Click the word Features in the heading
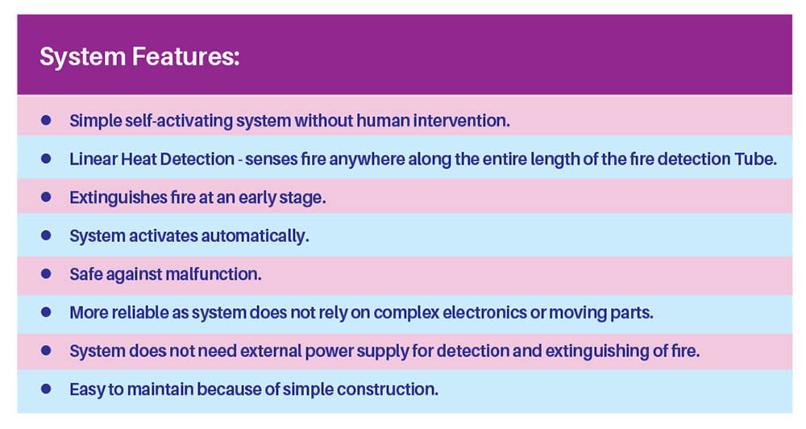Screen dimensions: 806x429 point(185,56)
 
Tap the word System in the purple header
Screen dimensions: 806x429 point(83,57)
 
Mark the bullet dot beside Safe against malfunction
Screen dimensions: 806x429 point(46,273)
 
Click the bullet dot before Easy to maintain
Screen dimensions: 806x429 point(46,389)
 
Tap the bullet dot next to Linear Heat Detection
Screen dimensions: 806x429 point(46,158)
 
